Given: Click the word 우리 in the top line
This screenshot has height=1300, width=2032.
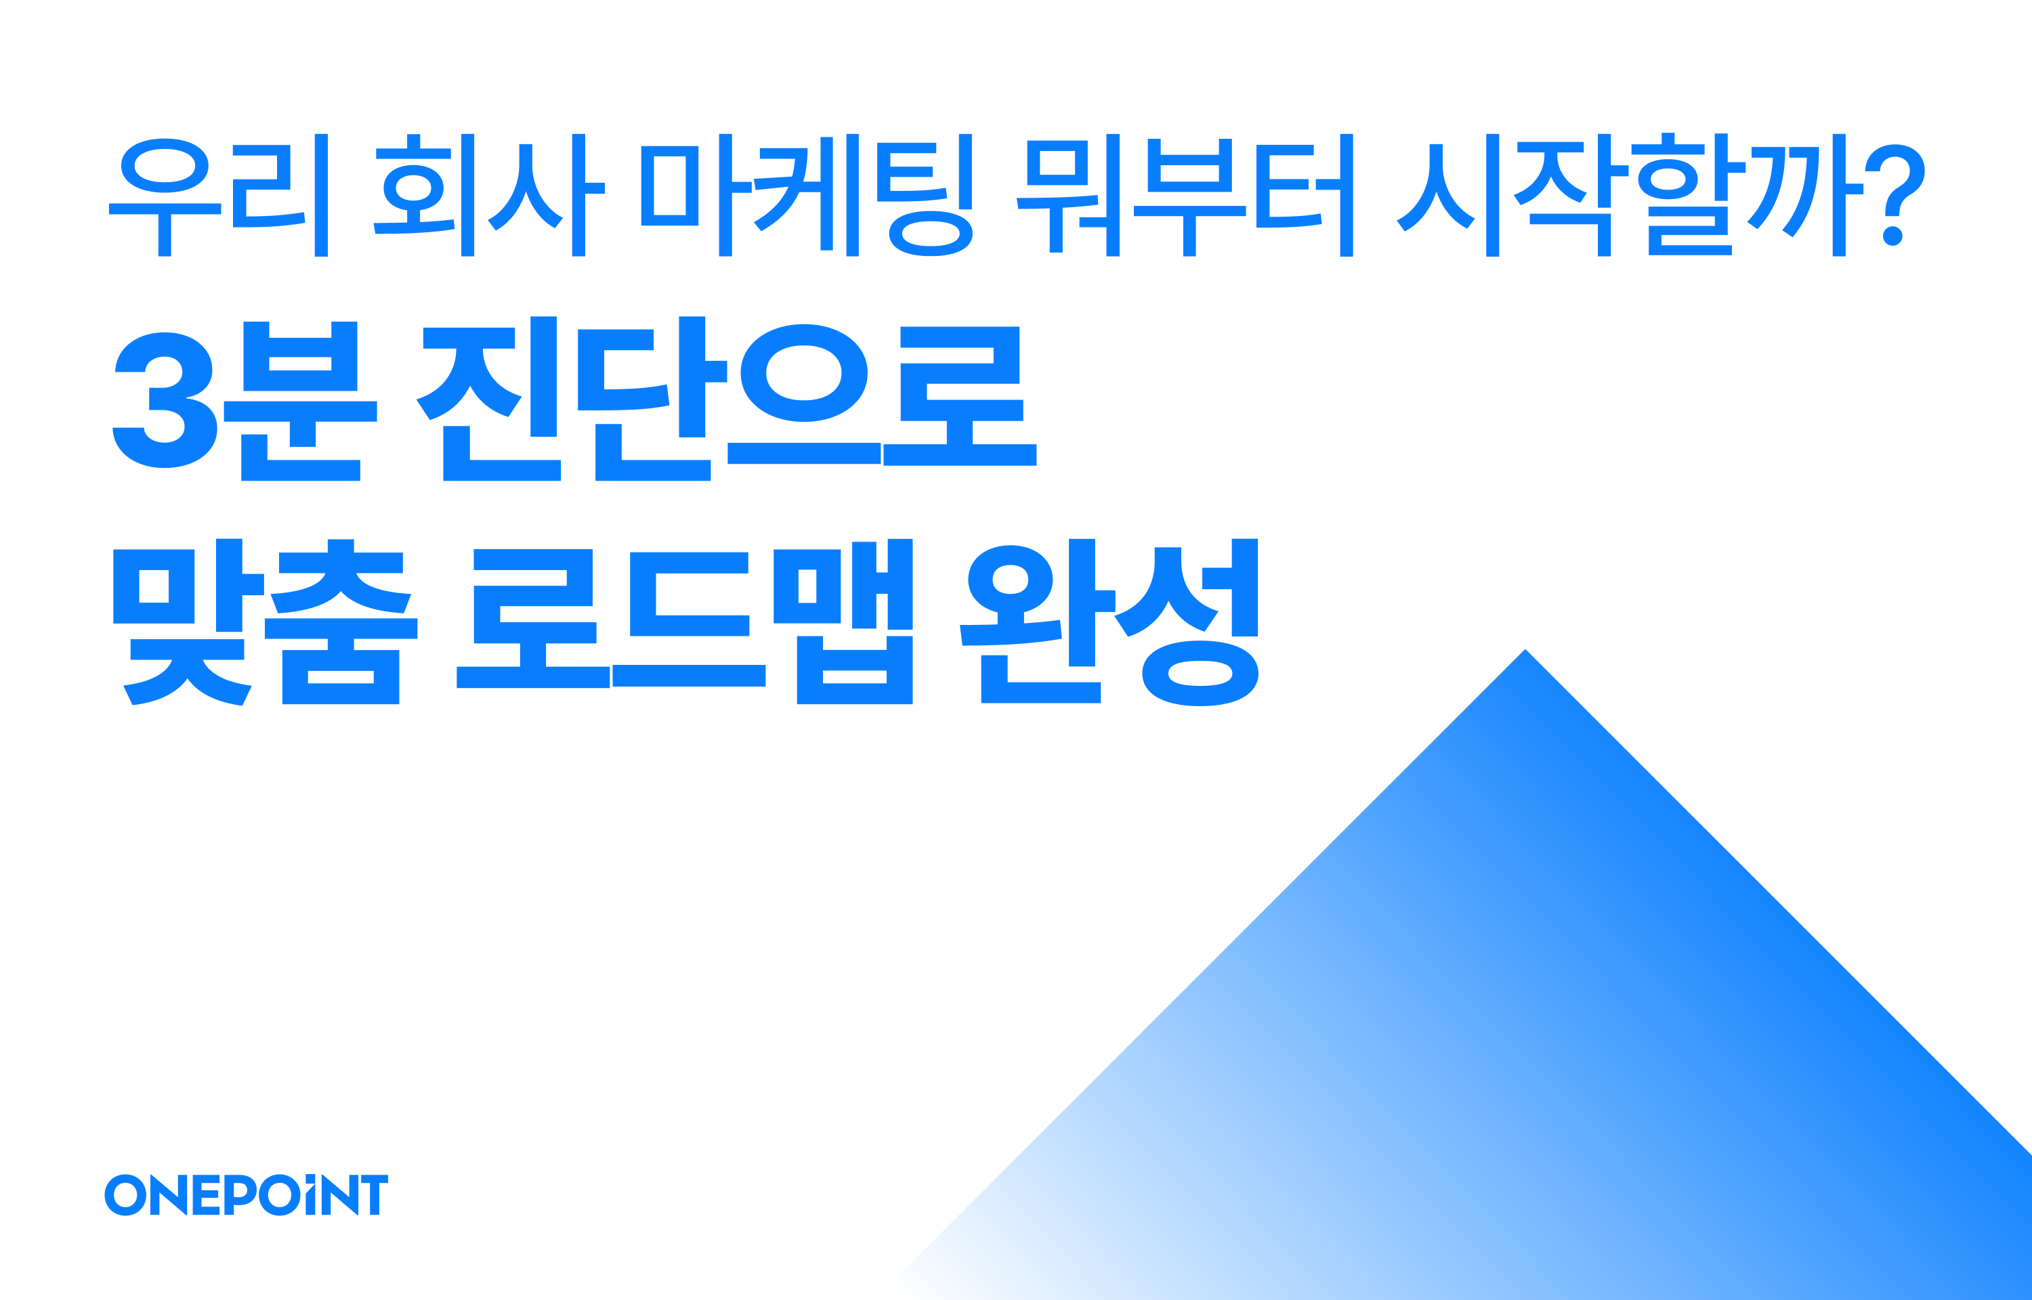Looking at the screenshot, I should pyautogui.click(x=219, y=195).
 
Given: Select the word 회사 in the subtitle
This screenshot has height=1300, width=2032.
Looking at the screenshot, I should pyautogui.click(x=489, y=195).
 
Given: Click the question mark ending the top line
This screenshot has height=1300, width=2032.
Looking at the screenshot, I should pyautogui.click(x=1894, y=195).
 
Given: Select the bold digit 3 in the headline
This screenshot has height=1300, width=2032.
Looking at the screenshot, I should pyautogui.click(x=165, y=400).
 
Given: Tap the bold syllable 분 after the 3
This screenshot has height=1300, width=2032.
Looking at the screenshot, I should pyautogui.click(x=299, y=400).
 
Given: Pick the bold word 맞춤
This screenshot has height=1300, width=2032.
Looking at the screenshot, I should pyautogui.click(x=265, y=622).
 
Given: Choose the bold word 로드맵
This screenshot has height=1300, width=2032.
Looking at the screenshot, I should pyautogui.click(x=685, y=622).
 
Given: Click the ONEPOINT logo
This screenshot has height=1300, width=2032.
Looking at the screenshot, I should pyautogui.click(x=246, y=1194).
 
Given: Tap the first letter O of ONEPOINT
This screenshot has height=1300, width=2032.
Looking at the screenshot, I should pyautogui.click(x=125, y=1194).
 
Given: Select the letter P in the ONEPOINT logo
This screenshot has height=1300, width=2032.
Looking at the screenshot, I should pyautogui.click(x=239, y=1193).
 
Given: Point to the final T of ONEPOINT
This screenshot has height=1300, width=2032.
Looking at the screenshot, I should pyautogui.click(x=374, y=1194).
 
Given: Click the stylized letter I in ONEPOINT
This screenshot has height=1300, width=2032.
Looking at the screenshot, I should pyautogui.click(x=310, y=1194).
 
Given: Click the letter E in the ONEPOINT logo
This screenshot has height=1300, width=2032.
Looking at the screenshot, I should pyautogui.click(x=206, y=1194).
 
